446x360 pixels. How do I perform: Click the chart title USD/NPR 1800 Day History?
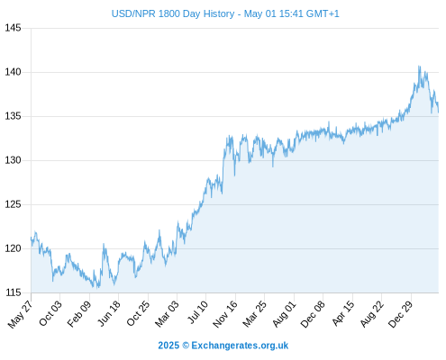pyautogui.click(x=173, y=13)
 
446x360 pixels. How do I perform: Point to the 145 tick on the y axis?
pyautogui.click(x=13, y=28)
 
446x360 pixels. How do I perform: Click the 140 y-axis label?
pyautogui.click(x=13, y=72)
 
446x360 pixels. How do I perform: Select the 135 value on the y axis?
pyautogui.click(x=13, y=116)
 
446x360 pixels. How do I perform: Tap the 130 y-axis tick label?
pyautogui.click(x=13, y=160)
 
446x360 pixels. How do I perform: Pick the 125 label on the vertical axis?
pyautogui.click(x=13, y=204)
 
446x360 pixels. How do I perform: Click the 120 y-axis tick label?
pyautogui.click(x=13, y=248)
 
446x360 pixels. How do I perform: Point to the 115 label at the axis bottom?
pyautogui.click(x=13, y=292)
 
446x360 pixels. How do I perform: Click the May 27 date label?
pyautogui.click(x=21, y=314)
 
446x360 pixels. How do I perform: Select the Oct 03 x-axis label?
pyautogui.click(x=50, y=313)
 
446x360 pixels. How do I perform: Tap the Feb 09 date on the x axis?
pyautogui.click(x=79, y=314)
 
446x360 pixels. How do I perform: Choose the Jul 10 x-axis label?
pyautogui.click(x=197, y=312)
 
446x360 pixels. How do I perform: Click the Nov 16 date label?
pyautogui.click(x=225, y=314)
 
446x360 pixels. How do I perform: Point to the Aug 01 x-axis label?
pyautogui.click(x=284, y=314)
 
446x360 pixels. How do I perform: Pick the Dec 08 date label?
pyautogui.click(x=313, y=314)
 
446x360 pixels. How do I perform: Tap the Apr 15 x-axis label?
pyautogui.click(x=343, y=313)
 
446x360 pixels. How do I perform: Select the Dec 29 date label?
pyautogui.click(x=400, y=314)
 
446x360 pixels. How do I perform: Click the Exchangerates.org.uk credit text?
pyautogui.click(x=240, y=346)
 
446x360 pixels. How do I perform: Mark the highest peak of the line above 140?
pyautogui.click(x=419, y=67)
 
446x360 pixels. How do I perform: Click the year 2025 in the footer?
pyautogui.click(x=168, y=346)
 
